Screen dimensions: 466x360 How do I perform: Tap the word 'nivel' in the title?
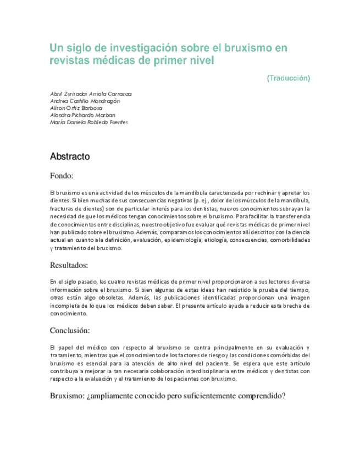(198, 60)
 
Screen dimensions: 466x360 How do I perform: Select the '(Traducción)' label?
(288, 78)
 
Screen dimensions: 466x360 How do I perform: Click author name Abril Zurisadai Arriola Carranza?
(91, 94)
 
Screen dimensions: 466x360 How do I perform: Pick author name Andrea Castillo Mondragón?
(85, 101)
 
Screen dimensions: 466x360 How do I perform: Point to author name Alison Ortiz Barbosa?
(76, 108)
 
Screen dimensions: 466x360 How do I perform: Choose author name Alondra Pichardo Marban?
(82, 115)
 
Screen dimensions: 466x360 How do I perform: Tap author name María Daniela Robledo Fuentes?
(88, 123)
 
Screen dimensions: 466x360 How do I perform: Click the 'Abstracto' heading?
(70, 157)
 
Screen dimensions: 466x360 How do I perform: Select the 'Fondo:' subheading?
(62, 176)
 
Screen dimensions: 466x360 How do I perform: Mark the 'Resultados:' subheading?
(69, 265)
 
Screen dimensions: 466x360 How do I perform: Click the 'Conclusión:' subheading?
(70, 331)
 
